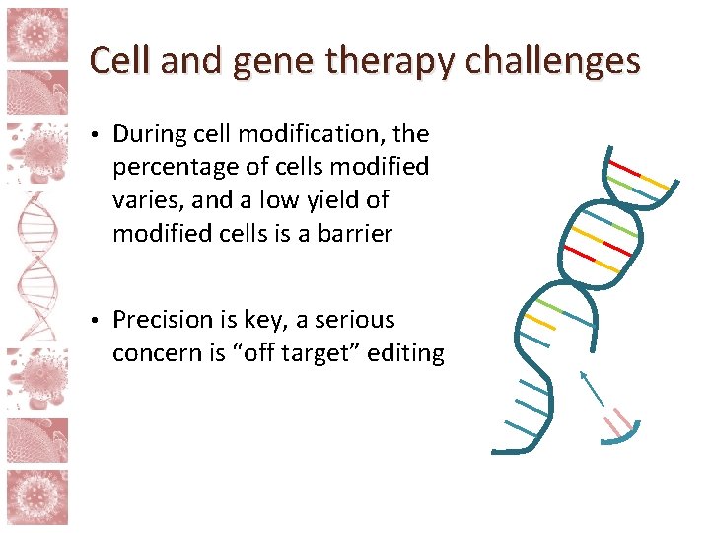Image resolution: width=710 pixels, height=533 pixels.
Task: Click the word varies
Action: pyautogui.click(x=146, y=200)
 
